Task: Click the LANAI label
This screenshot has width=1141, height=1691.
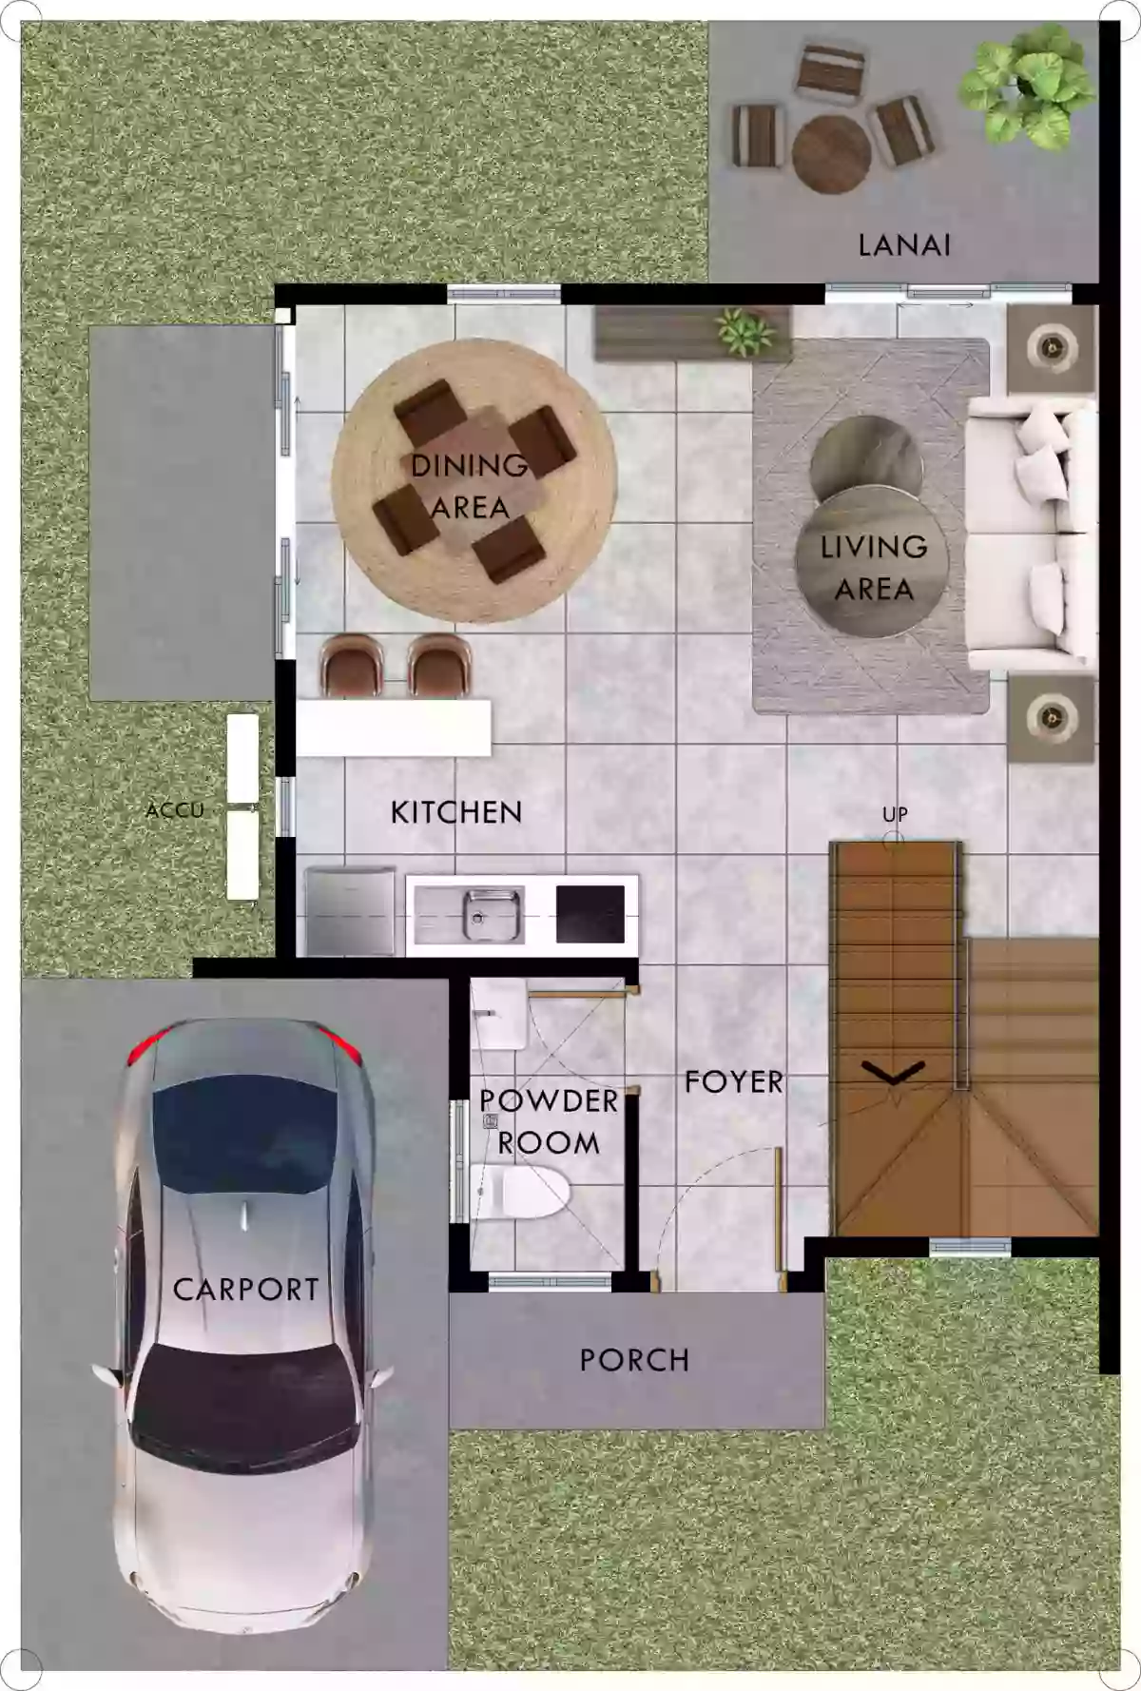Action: (904, 245)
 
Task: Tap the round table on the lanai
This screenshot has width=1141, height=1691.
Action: (831, 153)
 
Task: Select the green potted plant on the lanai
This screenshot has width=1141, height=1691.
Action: (1025, 87)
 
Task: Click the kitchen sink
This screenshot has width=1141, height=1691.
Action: (492, 915)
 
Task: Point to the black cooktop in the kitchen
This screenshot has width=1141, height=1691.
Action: (590, 913)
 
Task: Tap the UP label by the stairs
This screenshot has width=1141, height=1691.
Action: (895, 814)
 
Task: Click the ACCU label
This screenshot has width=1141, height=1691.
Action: (175, 810)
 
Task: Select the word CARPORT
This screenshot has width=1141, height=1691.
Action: (245, 1290)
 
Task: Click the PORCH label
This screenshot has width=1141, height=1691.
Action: (634, 1360)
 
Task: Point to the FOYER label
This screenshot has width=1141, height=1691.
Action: (734, 1081)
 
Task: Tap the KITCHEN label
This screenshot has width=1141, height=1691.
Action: (456, 812)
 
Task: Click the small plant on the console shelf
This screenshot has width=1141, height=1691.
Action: (745, 330)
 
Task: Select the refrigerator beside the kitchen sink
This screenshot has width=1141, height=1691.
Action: (349, 910)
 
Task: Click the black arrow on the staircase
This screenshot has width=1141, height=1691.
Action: (893, 1072)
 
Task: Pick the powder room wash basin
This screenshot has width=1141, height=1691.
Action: (497, 1014)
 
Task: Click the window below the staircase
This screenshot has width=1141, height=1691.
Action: (969, 1247)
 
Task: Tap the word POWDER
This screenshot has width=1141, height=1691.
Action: (549, 1100)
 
